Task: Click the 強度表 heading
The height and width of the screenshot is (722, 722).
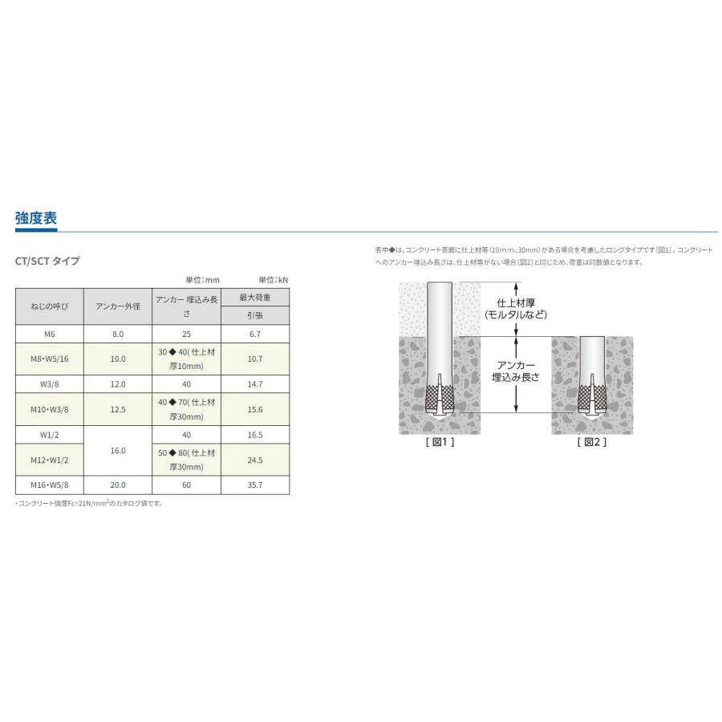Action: [x=36, y=217]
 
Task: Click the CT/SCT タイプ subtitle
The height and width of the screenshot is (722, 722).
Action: [x=47, y=261]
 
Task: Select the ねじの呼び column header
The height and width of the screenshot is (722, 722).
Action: [x=49, y=306]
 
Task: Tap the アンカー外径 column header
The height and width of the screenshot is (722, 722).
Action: [x=118, y=306]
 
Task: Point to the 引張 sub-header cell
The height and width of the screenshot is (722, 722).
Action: [x=255, y=315]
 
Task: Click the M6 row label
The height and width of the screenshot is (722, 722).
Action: [x=49, y=335]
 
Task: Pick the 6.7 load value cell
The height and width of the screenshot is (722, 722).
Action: [x=255, y=335]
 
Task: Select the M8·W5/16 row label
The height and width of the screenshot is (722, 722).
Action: [x=49, y=359]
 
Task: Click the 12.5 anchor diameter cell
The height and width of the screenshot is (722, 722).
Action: [x=118, y=409]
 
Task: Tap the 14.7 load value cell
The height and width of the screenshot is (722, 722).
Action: [x=255, y=384]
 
